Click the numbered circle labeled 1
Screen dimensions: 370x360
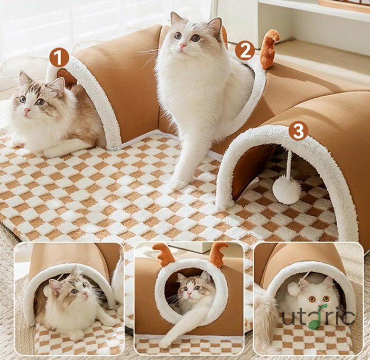(x=59, y=58)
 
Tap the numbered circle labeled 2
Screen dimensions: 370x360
(x=245, y=50)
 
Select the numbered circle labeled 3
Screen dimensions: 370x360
(x=298, y=131)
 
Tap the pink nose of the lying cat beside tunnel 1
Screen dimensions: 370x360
(x=27, y=110)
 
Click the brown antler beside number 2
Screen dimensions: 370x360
(x=269, y=49)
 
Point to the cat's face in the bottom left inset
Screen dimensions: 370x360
(x=73, y=291)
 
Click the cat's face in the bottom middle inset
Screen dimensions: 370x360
(x=191, y=289)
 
